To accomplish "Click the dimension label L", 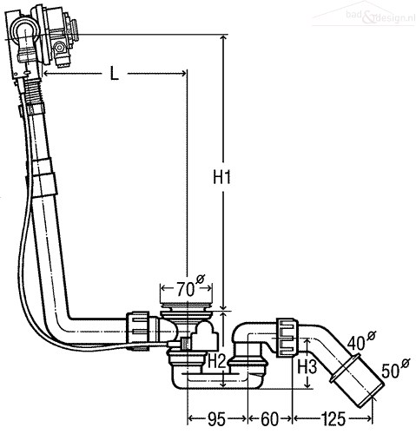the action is pos(115,73).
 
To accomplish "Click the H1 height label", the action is pos(222,177).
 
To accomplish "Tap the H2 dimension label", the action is pos(217,362).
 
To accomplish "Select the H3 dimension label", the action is pos(307,367).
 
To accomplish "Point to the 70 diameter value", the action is pos(185,289).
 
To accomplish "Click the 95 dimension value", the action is pos(216,418).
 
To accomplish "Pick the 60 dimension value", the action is pos(269,418).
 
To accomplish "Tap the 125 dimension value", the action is pos(333,418).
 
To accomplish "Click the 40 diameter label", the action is pos(356,344).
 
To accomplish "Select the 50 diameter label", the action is pos(391,372).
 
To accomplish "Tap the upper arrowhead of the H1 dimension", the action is pos(223,38).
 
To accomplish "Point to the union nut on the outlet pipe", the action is pos(287,337).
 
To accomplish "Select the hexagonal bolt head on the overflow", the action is pos(60,47).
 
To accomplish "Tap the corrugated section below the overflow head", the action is pos(34,90).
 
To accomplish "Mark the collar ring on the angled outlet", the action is pos(345,369).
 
